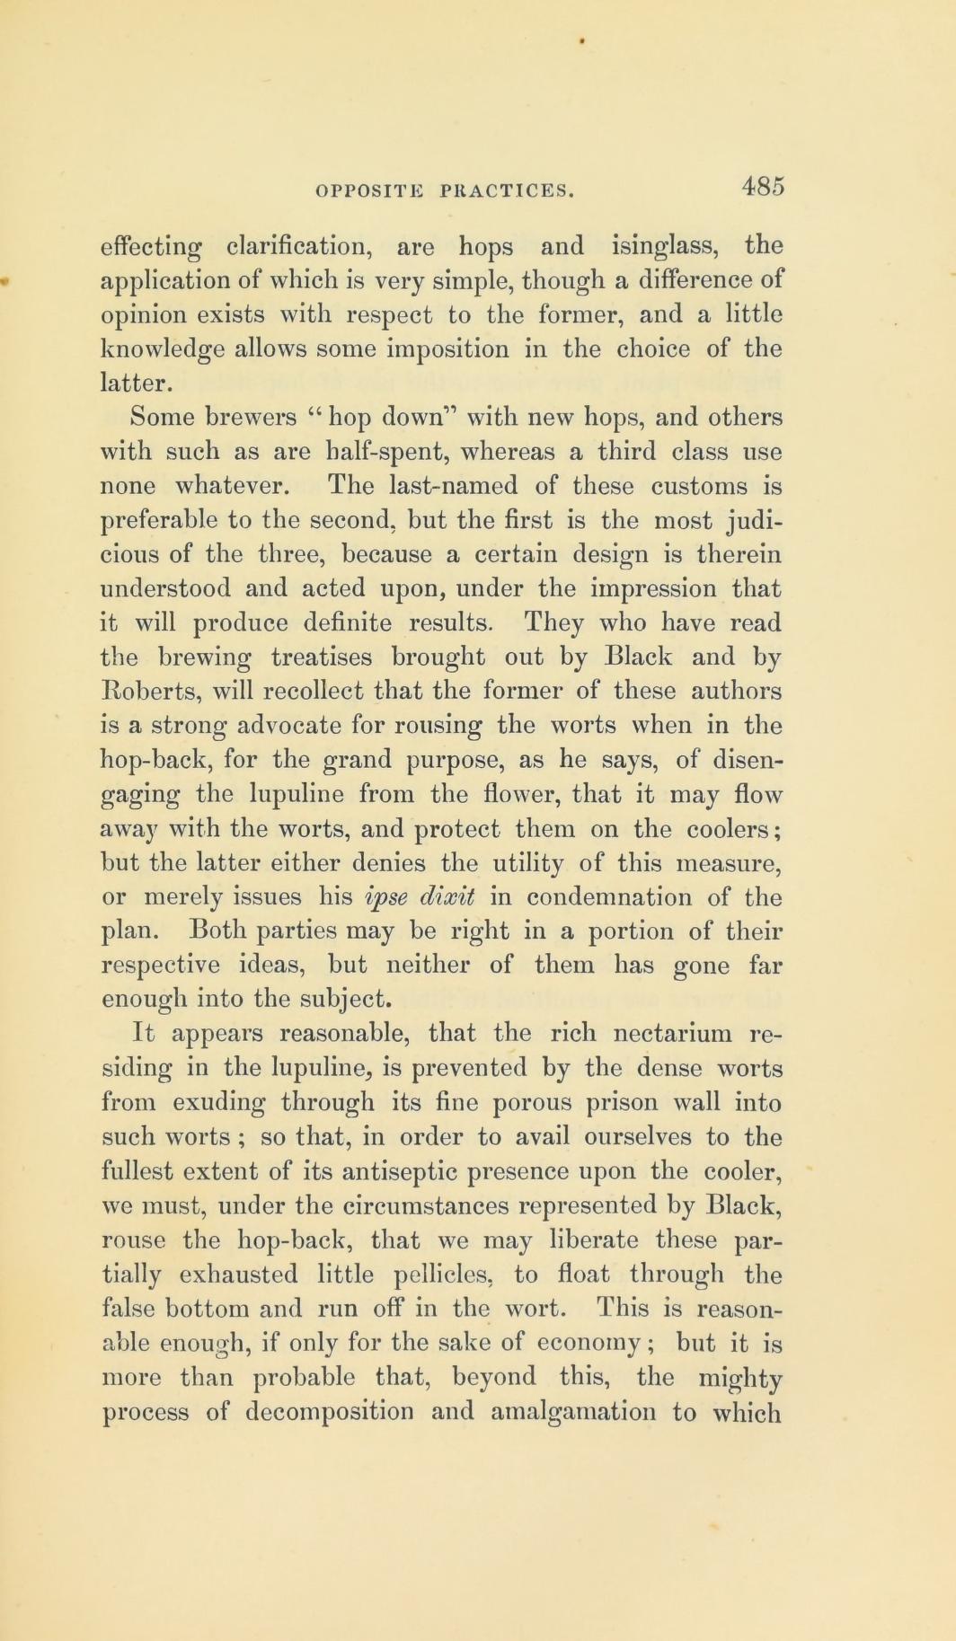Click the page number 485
point(764,186)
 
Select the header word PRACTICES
point(507,190)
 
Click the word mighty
point(735,1377)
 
